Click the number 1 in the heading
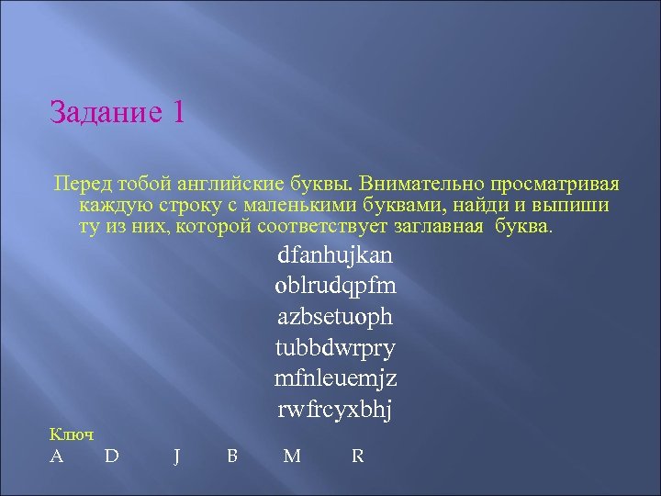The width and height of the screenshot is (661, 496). tap(177, 112)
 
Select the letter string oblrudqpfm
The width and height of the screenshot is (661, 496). tap(335, 285)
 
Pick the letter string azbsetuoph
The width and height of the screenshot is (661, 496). tap(334, 316)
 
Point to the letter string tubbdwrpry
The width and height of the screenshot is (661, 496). tap(334, 347)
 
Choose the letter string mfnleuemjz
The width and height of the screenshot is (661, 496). tap(335, 378)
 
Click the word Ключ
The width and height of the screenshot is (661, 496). tap(72, 434)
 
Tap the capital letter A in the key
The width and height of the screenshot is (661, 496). tap(57, 455)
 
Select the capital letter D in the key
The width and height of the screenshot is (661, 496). tap(111, 455)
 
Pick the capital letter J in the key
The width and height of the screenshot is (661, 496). tap(175, 456)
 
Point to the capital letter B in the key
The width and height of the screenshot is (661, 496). tap(232, 455)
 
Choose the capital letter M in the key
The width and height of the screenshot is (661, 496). tap(292, 455)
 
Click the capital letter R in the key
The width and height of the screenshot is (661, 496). tap(358, 455)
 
